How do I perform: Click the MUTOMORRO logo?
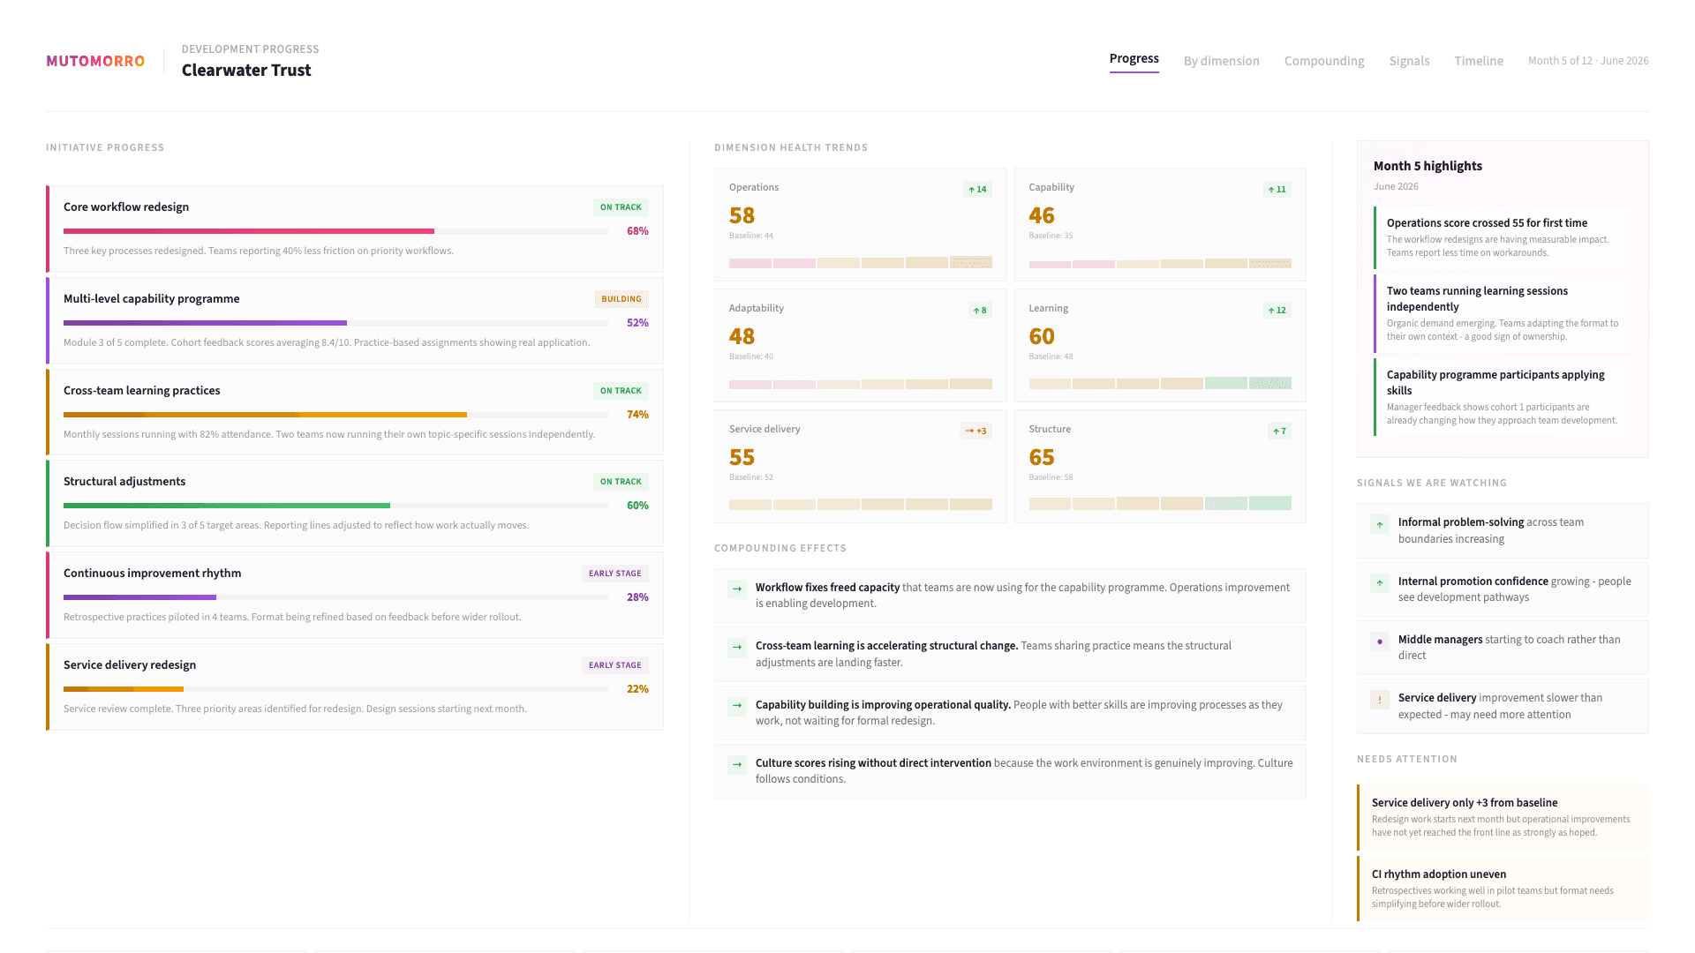pos(95,61)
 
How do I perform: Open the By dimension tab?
pos(1221,61)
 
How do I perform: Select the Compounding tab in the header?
pos(1323,61)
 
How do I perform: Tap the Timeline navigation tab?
pos(1479,61)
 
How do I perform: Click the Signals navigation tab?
pos(1409,61)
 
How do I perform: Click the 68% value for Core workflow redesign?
pos(637,231)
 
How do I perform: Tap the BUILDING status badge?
pos(621,299)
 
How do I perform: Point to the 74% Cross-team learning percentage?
pos(637,415)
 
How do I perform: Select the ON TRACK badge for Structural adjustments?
pos(621,482)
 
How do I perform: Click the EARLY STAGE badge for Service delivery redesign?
pos(614,665)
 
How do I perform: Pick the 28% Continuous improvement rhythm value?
pos(637,597)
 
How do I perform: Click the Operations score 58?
pos(742,216)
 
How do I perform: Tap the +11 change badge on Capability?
pos(1277,190)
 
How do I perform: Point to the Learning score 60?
pos(1042,337)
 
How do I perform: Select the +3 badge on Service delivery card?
pos(976,431)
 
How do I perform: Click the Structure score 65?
pos(1042,458)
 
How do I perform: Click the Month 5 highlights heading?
pos(1428,166)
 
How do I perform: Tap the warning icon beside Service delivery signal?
pos(1379,699)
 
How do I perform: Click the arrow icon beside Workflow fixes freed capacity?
pos(737,589)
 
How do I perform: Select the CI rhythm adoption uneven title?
pos(1438,874)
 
